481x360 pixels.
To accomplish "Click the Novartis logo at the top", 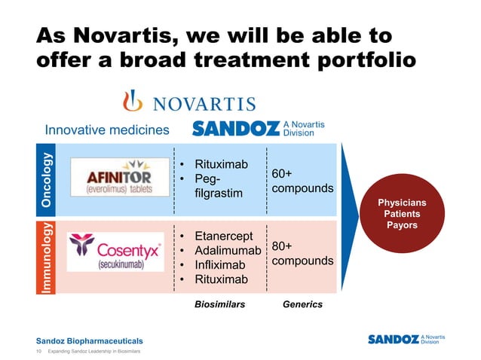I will [x=189, y=102].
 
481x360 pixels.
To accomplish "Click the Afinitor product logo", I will [x=120, y=178].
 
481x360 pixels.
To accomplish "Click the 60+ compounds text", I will [x=302, y=181].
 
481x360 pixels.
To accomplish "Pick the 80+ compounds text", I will [x=302, y=253].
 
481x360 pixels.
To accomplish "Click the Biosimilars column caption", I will [x=219, y=304].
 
